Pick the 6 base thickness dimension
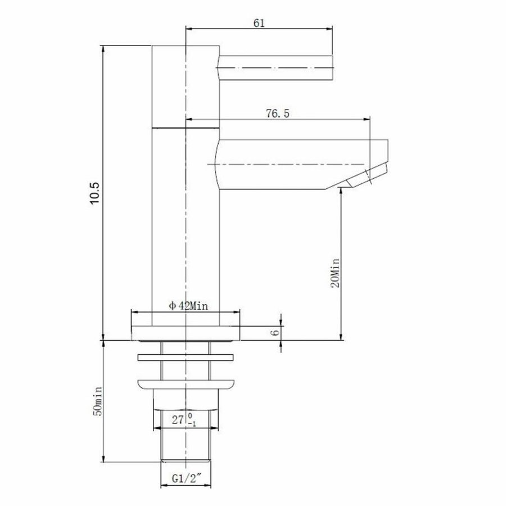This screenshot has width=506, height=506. [x=275, y=332]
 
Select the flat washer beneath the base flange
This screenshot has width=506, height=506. [x=185, y=358]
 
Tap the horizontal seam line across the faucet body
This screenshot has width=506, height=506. [x=185, y=127]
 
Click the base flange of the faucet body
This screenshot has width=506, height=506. [x=185, y=333]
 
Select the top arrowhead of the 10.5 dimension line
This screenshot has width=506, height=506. [x=103, y=48]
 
